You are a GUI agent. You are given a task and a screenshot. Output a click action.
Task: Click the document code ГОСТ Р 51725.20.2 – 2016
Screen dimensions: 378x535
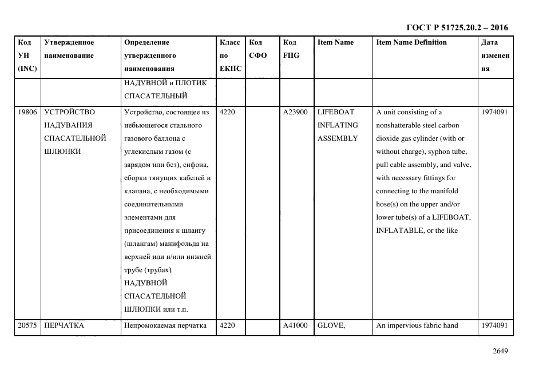pyautogui.click(x=457, y=27)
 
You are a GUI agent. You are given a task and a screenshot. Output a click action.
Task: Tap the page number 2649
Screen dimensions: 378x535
pyautogui.click(x=500, y=351)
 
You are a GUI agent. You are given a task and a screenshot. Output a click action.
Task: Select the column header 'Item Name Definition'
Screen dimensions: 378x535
pyautogui.click(x=411, y=42)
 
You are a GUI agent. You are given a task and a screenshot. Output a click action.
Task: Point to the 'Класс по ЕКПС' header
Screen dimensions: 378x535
pyautogui.click(x=230, y=55)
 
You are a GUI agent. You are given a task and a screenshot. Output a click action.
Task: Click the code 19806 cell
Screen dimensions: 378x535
pyautogui.click(x=27, y=112)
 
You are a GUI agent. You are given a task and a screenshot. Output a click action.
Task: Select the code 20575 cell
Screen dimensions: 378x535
pyautogui.click(x=27, y=325)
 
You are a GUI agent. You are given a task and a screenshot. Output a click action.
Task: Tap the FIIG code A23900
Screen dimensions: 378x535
pyautogui.click(x=295, y=112)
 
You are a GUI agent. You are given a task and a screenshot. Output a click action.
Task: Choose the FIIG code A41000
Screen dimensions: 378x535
pyautogui.click(x=295, y=325)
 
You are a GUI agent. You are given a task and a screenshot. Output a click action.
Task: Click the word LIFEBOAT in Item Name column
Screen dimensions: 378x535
pyautogui.click(x=336, y=112)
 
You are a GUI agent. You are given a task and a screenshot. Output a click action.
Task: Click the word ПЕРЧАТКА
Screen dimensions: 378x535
pyautogui.click(x=64, y=325)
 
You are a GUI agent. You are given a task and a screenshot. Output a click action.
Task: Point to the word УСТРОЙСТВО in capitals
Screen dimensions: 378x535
pyautogui.click(x=70, y=112)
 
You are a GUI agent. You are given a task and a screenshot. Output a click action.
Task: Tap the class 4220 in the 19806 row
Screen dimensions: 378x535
pyautogui.click(x=227, y=112)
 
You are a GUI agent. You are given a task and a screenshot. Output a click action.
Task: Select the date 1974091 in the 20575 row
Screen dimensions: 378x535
pyautogui.click(x=494, y=325)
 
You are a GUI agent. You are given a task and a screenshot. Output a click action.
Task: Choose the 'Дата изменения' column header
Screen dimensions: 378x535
pyautogui.click(x=494, y=55)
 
